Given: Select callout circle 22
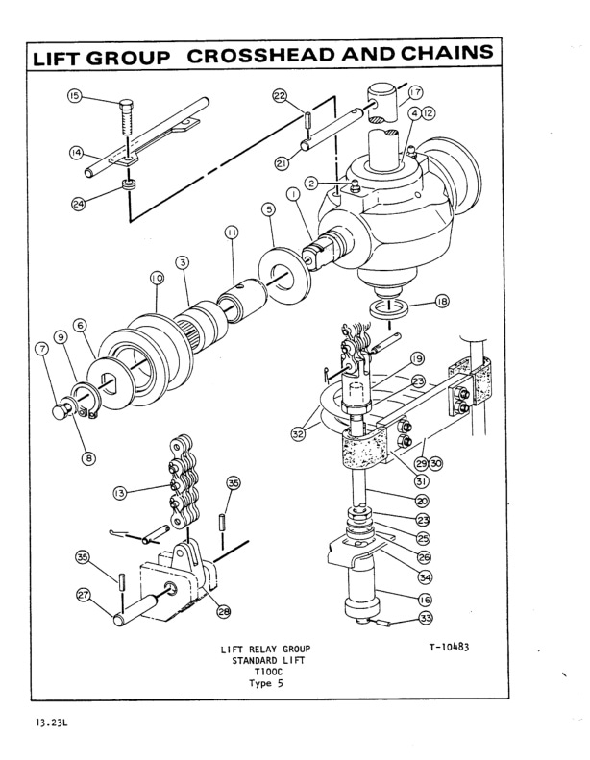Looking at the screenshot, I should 280,97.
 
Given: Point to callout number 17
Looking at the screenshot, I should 415,93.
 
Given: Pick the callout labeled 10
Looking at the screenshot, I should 157,277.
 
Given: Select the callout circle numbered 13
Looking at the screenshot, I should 120,493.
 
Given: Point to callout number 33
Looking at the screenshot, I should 425,618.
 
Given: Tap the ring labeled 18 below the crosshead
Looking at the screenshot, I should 389,307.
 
